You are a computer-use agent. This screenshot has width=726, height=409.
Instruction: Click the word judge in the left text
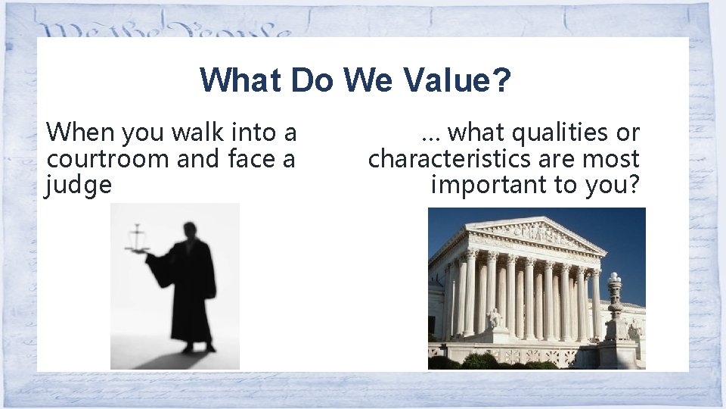(x=79, y=184)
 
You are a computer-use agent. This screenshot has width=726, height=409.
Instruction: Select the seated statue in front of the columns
(x=495, y=318)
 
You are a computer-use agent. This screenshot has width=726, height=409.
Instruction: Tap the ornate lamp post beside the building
(x=615, y=303)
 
